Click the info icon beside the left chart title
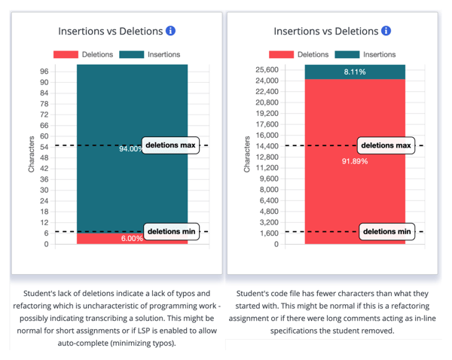point(170,31)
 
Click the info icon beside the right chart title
point(386,31)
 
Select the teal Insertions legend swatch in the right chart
point(348,54)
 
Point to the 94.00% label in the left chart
point(130,149)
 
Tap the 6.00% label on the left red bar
point(133,239)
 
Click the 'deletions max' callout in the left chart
point(171,145)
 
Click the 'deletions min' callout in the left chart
point(171,231)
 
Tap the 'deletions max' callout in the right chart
point(386,145)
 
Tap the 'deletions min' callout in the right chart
point(386,231)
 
